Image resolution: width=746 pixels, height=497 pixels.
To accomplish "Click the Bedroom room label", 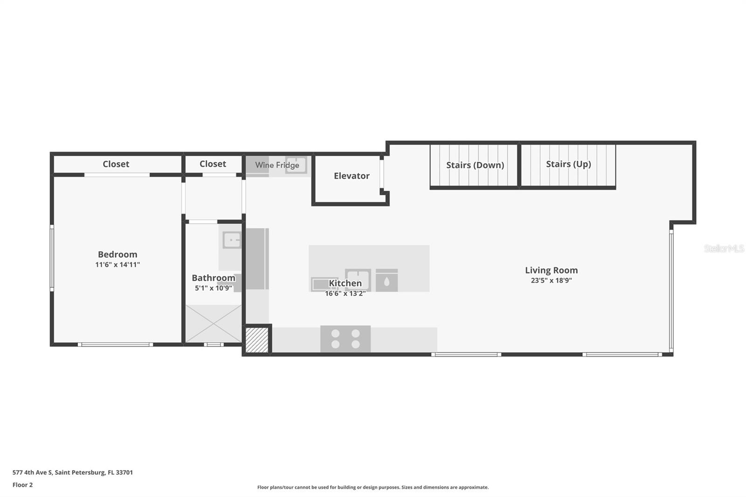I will (x=117, y=255).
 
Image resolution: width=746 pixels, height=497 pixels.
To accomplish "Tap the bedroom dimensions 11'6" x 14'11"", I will (x=117, y=265).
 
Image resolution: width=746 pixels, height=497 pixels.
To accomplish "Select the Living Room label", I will (x=551, y=270).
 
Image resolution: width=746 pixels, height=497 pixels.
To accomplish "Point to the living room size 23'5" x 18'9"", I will (x=551, y=281).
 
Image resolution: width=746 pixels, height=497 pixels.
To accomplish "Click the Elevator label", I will (x=352, y=176).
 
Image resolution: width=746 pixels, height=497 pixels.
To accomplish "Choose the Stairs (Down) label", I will (x=475, y=165).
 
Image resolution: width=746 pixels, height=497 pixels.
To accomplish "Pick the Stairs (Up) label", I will (x=568, y=164).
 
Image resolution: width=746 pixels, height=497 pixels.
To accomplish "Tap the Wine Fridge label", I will (x=277, y=165).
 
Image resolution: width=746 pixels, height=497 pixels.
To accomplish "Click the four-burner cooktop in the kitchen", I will (x=345, y=339).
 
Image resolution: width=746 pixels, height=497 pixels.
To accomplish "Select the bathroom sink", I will (x=232, y=240).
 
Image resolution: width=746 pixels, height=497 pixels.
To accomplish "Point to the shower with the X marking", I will (x=214, y=324).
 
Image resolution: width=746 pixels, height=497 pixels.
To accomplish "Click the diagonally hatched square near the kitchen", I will (x=257, y=340).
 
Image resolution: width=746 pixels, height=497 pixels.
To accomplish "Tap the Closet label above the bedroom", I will (x=116, y=164).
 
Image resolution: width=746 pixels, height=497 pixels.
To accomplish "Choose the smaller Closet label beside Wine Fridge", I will (x=213, y=164).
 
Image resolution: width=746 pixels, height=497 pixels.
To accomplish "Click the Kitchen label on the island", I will (x=345, y=283).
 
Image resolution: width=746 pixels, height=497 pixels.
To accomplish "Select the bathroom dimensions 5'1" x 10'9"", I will (x=214, y=288).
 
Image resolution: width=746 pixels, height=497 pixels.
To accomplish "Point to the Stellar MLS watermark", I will (x=724, y=248).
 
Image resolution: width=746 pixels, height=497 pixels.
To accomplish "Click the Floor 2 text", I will (x=22, y=485).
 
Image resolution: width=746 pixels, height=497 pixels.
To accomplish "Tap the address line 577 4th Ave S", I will (x=73, y=472).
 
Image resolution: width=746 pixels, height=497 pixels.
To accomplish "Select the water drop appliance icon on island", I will (x=387, y=281).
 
